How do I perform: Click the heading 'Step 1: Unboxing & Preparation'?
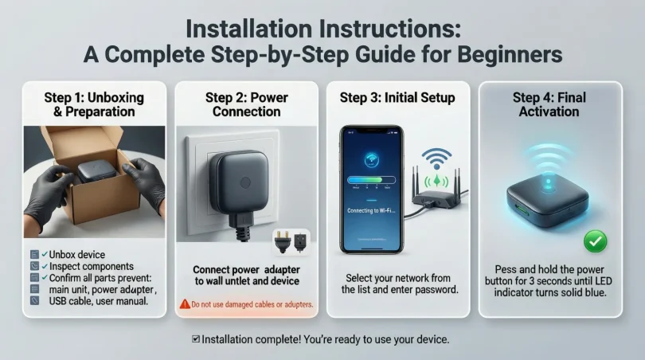tap(94, 104)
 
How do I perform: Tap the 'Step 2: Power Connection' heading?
tap(246, 104)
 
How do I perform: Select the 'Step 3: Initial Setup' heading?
tap(397, 98)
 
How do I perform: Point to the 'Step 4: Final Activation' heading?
tap(549, 104)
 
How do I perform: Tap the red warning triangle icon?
tap(184, 304)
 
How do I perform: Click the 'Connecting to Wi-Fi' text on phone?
tap(369, 210)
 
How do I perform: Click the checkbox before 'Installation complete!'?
tap(196, 339)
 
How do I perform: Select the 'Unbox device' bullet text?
tap(77, 254)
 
